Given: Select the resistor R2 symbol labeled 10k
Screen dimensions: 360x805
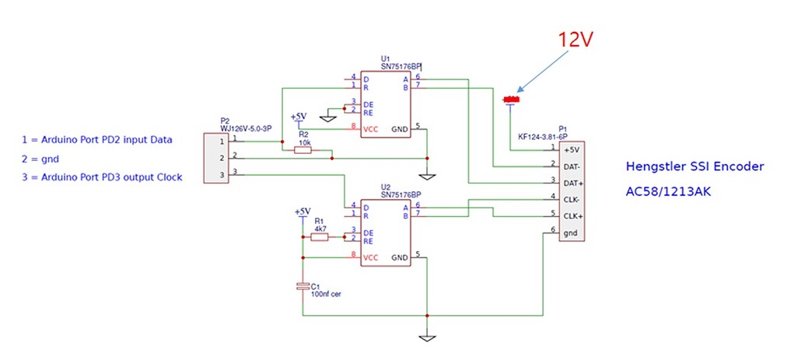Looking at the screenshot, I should (303, 151).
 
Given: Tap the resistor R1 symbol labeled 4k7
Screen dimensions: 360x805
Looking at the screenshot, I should (320, 237).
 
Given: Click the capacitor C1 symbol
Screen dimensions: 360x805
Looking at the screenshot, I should (303, 287).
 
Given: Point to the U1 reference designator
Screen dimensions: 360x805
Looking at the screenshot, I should (386, 58).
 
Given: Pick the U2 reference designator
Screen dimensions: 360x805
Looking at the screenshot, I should (386, 187).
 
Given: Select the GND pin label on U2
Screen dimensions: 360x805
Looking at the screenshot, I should (399, 257).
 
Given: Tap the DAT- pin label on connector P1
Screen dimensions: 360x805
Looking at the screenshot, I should (572, 166).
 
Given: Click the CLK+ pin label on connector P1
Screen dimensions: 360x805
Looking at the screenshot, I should (572, 215).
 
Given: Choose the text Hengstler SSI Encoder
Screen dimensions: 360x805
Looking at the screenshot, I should (695, 166).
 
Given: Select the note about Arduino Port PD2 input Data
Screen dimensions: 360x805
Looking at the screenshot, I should (97, 140).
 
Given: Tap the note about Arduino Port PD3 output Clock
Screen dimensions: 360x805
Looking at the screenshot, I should (102, 177).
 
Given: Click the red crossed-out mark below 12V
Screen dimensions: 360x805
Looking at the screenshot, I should (510, 100).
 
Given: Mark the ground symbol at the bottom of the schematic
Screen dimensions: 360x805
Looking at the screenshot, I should (425, 337).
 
